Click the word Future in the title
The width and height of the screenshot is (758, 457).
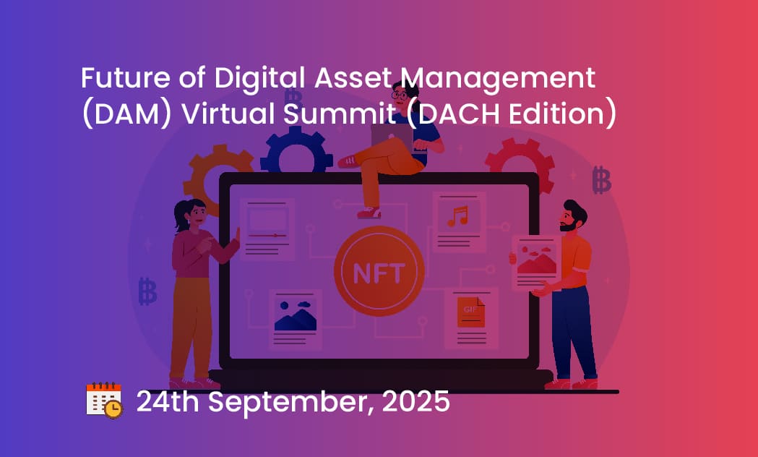coord(125,77)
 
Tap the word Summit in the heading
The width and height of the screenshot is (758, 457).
coord(340,114)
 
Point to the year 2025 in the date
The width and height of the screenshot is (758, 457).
coord(415,401)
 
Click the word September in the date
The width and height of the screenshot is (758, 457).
coord(290,402)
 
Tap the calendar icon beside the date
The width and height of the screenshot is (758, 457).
coord(104,400)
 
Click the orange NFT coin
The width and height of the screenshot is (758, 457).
coord(379,271)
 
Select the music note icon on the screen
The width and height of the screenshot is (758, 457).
coord(458,216)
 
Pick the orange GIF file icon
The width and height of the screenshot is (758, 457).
coord(471,312)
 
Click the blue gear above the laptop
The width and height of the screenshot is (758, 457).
coord(296,150)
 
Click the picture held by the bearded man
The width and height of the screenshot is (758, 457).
coord(537,262)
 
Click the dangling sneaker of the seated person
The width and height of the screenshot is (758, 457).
coord(369,213)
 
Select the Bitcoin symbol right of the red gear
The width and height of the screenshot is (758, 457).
coord(601,179)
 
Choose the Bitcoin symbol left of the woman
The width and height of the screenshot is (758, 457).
coord(147,291)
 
